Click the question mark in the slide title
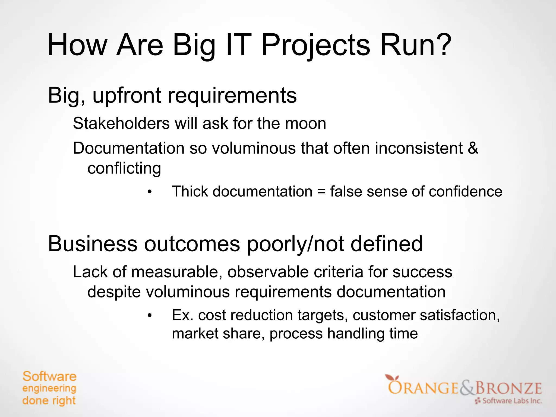442,45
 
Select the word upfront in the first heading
127,96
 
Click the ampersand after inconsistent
473,148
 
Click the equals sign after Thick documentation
321,192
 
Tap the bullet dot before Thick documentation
149,192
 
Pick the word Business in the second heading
93,244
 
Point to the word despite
114,292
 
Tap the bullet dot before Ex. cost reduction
149,316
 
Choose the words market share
218,333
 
